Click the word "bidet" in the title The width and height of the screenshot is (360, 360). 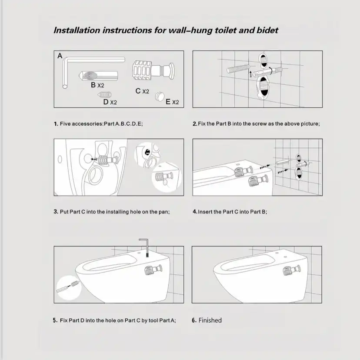tap(267, 30)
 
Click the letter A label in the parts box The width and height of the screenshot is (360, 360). tap(60, 56)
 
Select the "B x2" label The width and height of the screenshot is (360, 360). tap(97, 85)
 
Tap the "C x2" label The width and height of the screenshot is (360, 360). tap(142, 91)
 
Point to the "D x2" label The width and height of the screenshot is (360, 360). tap(110, 102)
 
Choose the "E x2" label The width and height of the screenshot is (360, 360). tap(172, 102)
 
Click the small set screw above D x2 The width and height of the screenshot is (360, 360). tap(105, 94)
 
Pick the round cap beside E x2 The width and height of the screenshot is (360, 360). tap(159, 96)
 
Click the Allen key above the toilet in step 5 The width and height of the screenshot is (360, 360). tap(146, 247)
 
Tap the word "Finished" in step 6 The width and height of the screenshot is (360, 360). tap(210, 320)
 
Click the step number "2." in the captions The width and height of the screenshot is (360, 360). tap(195, 124)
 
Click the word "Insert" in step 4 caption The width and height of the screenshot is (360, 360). tap(205, 212)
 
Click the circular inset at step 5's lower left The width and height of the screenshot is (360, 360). tap(69, 288)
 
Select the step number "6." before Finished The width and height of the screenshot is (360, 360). tap(194, 320)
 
